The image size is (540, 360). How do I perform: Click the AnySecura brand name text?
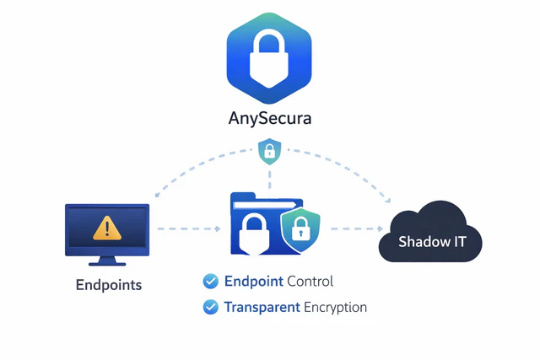[x=269, y=118]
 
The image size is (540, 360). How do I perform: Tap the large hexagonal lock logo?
[x=269, y=55]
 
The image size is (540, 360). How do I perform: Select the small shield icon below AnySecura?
[x=269, y=152]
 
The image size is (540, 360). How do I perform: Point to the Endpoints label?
[x=109, y=285]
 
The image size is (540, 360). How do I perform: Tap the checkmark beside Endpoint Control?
[x=211, y=282]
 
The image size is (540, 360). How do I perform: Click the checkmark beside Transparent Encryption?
[x=211, y=307]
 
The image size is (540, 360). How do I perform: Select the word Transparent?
[x=262, y=307]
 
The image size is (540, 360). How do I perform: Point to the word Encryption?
[x=336, y=307]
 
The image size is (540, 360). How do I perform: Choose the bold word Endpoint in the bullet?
[x=254, y=282]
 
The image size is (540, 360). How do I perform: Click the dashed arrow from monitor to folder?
[x=190, y=228]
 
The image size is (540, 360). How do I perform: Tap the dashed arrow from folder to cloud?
[x=354, y=228]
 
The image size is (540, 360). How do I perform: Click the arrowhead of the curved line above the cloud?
[x=387, y=201]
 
